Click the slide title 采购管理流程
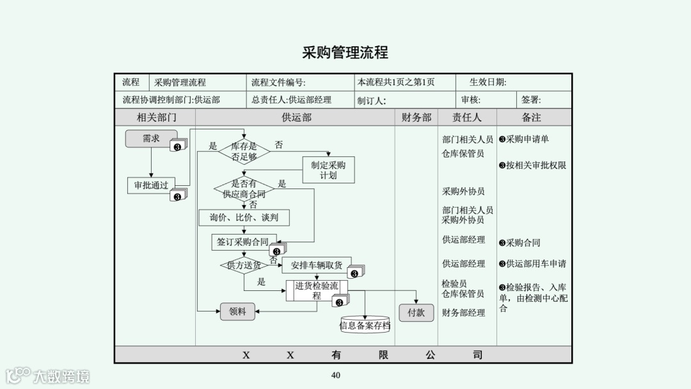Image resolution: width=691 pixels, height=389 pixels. click(345, 53)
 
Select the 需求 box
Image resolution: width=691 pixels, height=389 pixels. click(151, 138)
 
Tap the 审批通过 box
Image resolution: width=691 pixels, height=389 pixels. click(151, 185)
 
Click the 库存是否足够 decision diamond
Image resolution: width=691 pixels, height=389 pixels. click(244, 151)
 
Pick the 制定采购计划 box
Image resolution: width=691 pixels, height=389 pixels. click(328, 170)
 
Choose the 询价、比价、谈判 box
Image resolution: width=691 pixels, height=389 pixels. click(244, 218)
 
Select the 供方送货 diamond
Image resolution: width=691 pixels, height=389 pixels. click(244, 265)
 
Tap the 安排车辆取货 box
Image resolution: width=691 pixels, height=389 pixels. click(317, 265)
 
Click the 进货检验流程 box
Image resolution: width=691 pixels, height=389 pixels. click(317, 290)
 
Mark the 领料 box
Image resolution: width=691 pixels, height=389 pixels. click(237, 312)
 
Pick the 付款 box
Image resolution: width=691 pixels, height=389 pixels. click(416, 312)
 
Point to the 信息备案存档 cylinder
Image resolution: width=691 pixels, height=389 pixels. click(365, 325)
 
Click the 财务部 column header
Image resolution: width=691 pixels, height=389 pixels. click(417, 117)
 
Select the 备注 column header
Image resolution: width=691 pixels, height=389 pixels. click(531, 117)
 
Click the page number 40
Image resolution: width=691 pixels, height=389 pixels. click(336, 375)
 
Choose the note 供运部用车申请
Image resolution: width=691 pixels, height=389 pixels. click(536, 263)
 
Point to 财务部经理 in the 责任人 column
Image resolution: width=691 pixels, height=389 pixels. click(463, 313)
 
